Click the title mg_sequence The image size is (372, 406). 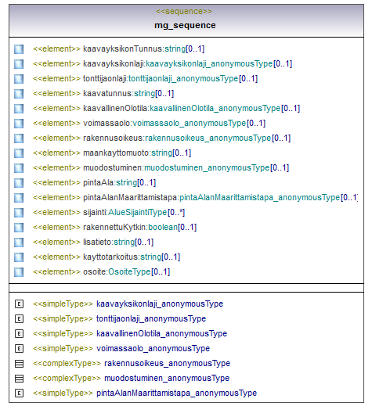tap(185, 25)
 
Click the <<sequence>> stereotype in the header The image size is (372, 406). tap(184, 11)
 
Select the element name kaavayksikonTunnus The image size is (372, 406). tap(123, 49)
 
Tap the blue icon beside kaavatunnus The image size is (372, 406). tap(19, 94)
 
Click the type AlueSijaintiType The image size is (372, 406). tap(137, 212)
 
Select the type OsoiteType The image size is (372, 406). tap(129, 271)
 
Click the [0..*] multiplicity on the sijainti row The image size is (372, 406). tap(176, 213)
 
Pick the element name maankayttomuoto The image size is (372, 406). tap(116, 153)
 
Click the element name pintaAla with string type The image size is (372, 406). tap(99, 182)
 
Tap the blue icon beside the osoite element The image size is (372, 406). tap(19, 272)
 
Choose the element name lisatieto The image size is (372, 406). tap(97, 242)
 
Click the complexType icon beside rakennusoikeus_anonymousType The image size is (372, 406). tap(19, 364)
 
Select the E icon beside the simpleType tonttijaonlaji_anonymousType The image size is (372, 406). tap(19, 319)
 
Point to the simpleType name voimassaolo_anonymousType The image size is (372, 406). tap(153, 348)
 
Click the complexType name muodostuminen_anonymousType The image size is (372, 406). tap(167, 378)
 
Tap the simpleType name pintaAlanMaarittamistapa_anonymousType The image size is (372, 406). tap(177, 393)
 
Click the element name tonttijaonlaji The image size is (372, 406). tap(105, 78)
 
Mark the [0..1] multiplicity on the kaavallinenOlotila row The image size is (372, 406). tap(291, 108)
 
